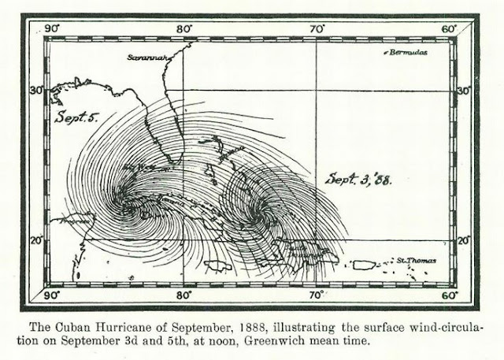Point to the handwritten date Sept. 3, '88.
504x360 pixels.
click(361, 180)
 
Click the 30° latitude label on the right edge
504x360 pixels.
click(463, 92)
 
